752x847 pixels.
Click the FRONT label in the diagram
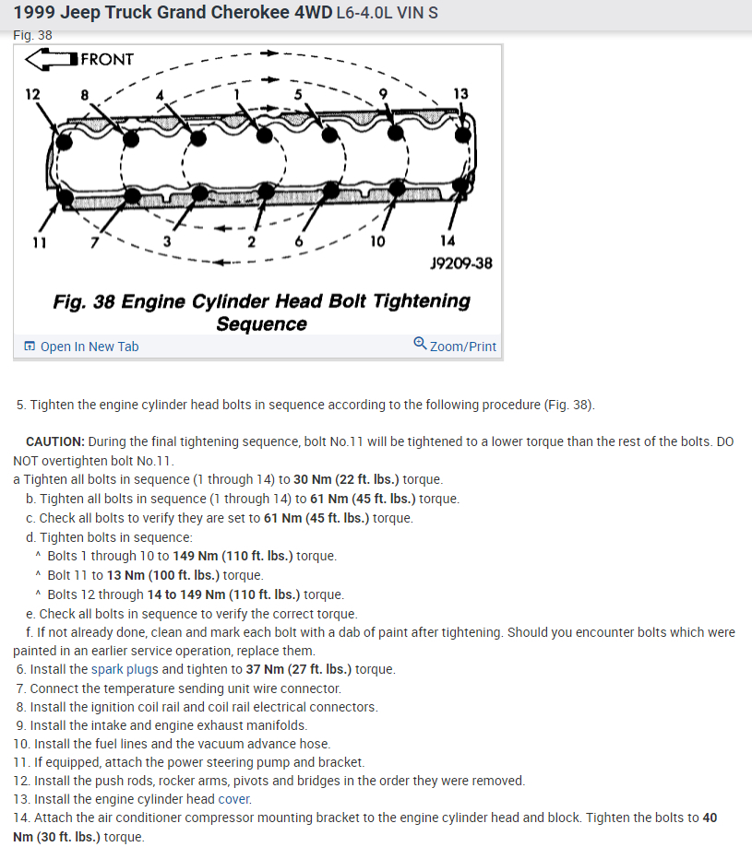click(107, 60)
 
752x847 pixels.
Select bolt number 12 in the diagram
click(33, 94)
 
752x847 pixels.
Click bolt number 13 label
click(460, 93)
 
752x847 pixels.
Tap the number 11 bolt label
click(37, 241)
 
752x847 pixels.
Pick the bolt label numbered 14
click(448, 241)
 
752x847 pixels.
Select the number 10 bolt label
click(377, 241)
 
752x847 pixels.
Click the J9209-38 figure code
click(460, 264)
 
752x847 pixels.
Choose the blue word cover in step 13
click(234, 799)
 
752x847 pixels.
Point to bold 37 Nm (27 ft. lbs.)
click(299, 669)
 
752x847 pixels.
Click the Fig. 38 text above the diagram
click(33, 35)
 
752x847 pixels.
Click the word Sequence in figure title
click(261, 324)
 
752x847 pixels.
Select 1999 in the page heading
click(35, 15)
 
